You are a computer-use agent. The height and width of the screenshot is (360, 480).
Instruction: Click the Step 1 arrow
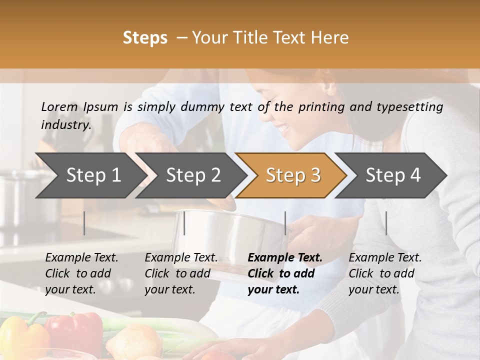[x=90, y=175]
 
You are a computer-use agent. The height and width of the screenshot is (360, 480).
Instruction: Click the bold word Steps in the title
[x=145, y=38]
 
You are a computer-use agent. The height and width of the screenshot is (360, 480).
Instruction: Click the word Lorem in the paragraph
[x=59, y=106]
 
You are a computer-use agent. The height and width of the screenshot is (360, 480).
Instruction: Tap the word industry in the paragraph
[x=65, y=124]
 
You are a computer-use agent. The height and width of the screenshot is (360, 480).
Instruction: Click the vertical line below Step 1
[x=84, y=223]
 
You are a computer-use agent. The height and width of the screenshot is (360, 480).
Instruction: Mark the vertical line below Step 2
[x=184, y=223]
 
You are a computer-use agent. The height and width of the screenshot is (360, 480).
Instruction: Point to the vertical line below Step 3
[x=285, y=223]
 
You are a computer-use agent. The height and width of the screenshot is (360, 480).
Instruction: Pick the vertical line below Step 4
[x=386, y=223]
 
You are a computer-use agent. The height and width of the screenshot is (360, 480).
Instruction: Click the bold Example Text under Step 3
[x=285, y=258]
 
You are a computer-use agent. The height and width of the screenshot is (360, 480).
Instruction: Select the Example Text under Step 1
[x=81, y=258]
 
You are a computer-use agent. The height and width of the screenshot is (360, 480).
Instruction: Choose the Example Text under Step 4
[x=385, y=258]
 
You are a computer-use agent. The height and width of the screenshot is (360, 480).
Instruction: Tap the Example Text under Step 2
[x=181, y=258]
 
